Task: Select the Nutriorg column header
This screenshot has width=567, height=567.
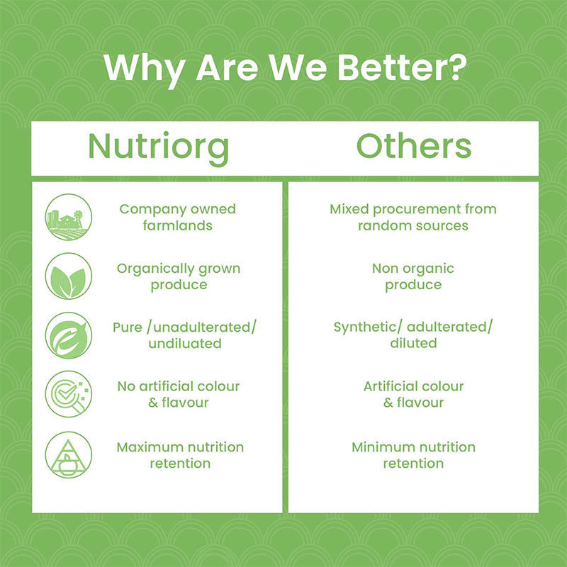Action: coord(158,147)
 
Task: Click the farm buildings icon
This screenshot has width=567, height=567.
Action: coord(69,217)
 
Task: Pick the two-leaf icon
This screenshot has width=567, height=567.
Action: coord(69,276)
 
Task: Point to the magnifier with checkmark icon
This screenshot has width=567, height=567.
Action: coord(69,394)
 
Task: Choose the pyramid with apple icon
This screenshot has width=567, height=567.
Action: coord(69,454)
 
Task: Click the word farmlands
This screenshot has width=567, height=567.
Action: coord(178,225)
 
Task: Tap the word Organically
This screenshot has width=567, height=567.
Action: coord(155,269)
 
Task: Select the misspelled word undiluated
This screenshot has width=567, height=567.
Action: coord(185,344)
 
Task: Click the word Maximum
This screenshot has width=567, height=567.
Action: coord(146,447)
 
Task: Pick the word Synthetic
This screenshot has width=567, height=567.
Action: coord(365,327)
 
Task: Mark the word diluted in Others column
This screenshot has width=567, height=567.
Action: coord(413,343)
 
